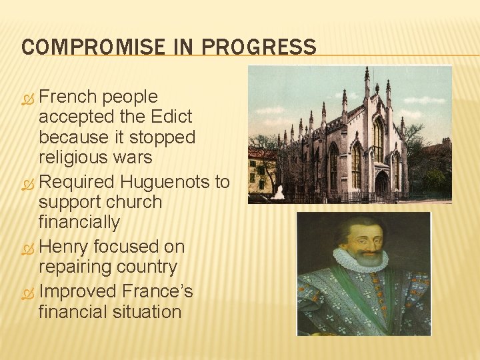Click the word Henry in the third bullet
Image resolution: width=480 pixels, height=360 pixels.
point(64,247)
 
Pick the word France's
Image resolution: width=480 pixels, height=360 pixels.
point(158,291)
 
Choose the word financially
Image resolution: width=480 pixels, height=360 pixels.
point(79,221)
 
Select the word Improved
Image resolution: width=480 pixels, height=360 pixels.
point(77,291)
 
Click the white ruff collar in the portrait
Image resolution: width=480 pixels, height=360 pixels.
point(360,261)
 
